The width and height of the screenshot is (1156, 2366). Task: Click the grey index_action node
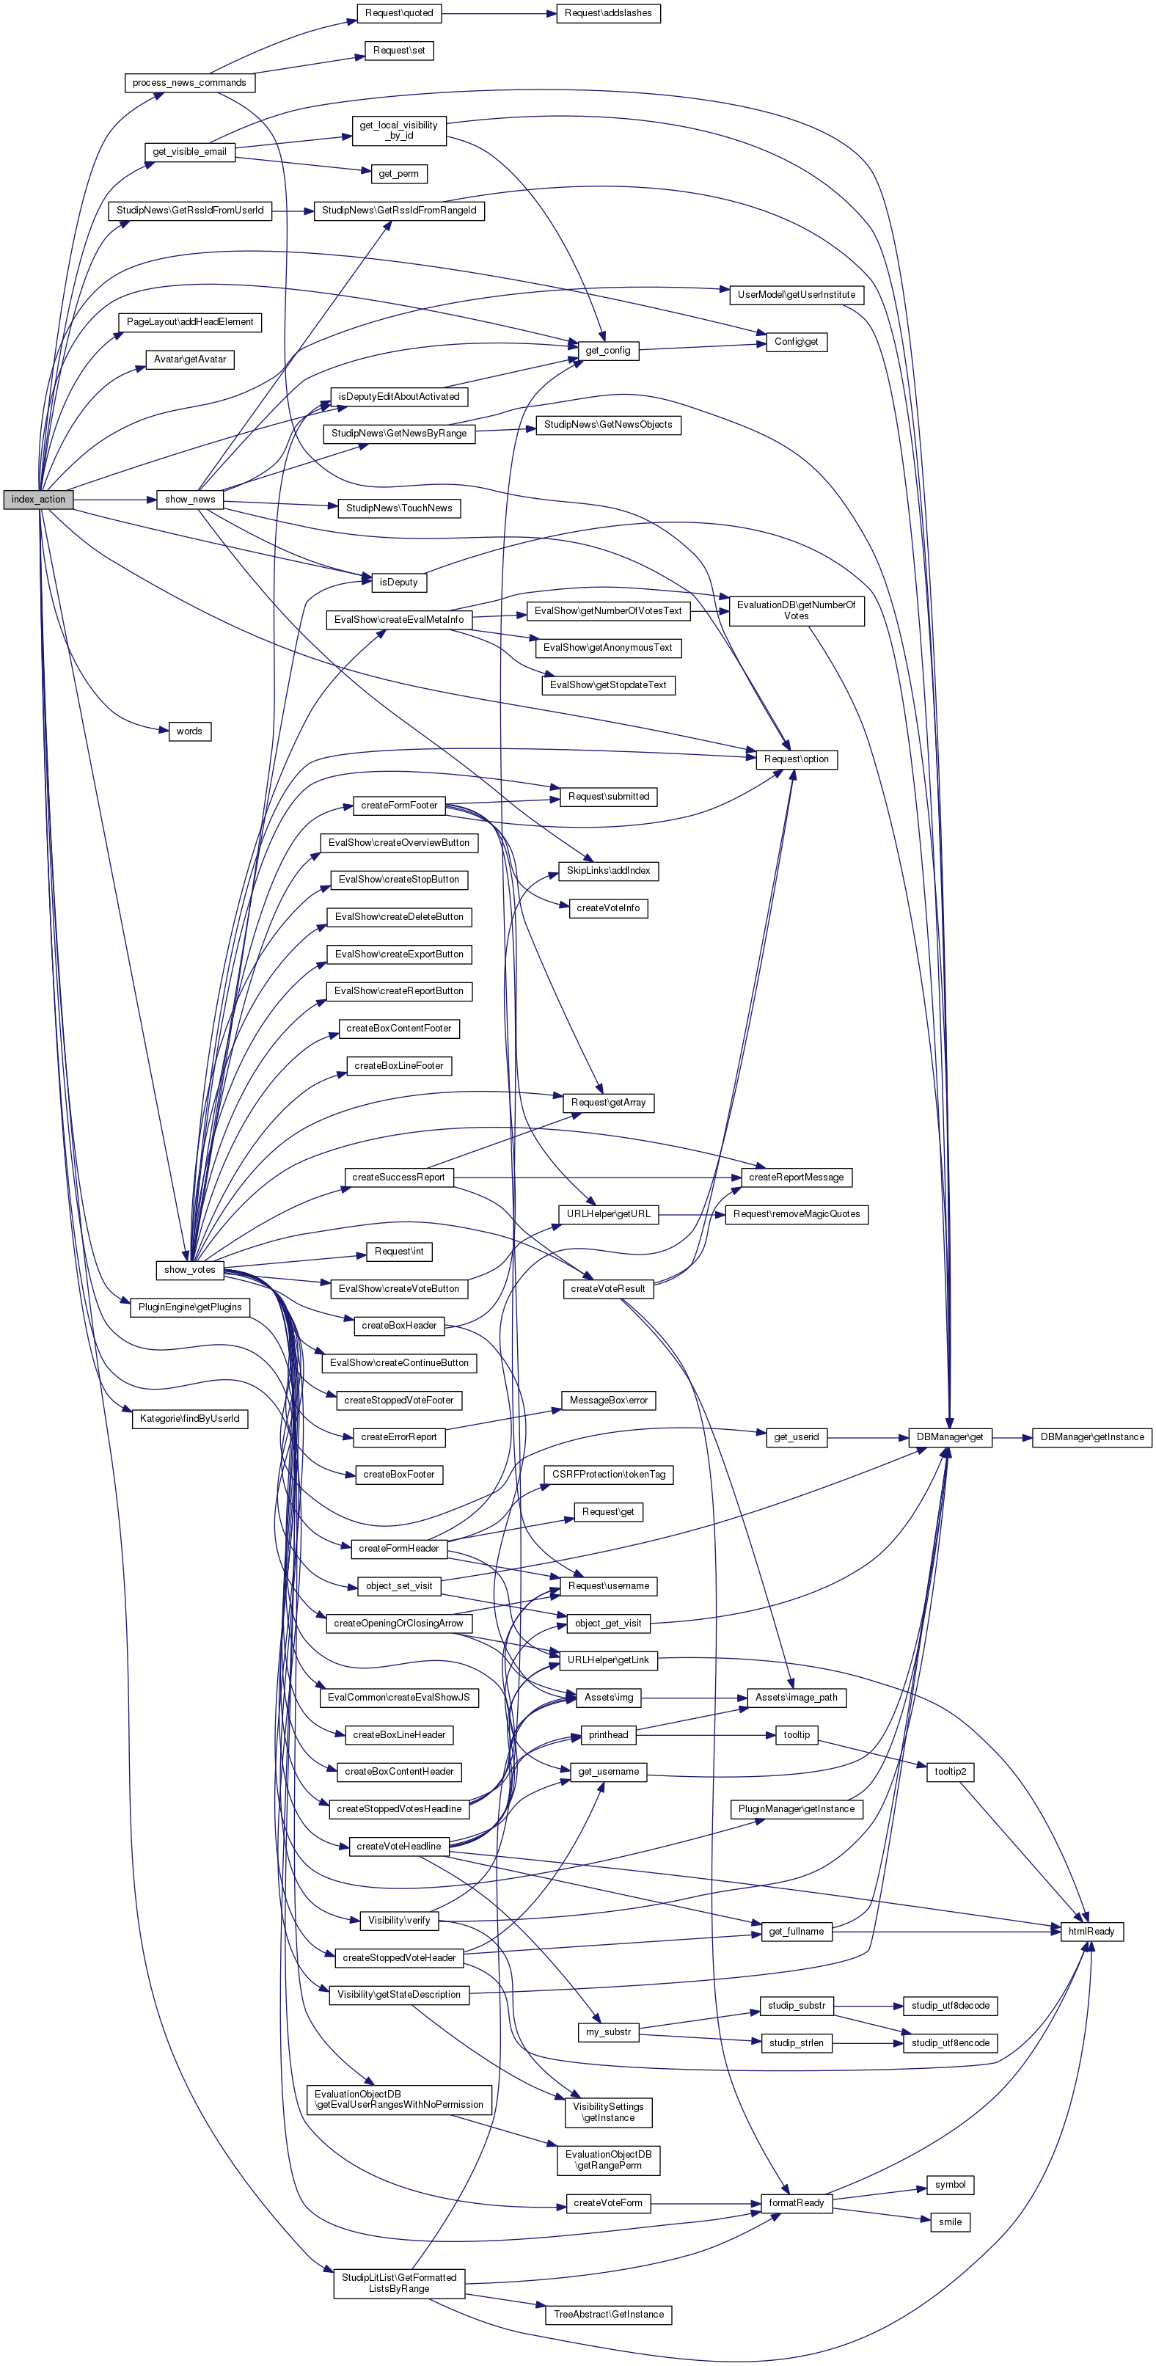[37, 500]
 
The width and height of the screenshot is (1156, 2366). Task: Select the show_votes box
[189, 1269]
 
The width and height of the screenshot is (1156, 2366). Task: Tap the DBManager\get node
[949, 1437]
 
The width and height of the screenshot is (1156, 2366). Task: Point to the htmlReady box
[1091, 1932]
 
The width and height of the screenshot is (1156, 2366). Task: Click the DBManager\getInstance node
[1091, 1437]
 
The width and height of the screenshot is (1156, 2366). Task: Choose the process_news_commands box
[189, 83]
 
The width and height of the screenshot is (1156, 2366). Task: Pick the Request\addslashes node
[608, 13]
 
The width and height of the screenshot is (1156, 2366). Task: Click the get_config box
[608, 350]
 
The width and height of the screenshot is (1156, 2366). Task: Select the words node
[189, 731]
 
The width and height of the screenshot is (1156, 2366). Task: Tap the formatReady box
[796, 2202]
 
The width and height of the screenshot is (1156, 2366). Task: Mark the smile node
[949, 2221]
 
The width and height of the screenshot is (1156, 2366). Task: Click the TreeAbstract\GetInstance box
[608, 2315]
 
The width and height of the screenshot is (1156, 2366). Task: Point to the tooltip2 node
[949, 1772]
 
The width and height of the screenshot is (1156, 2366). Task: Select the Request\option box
[796, 759]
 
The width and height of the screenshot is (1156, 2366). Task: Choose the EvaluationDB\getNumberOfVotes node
[796, 611]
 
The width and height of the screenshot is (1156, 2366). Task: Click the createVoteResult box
[608, 1288]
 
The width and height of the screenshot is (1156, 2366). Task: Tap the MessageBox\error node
[608, 1401]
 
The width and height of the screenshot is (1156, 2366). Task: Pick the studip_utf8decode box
[949, 2006]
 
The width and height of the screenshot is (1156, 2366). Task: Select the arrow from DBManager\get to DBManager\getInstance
[1011, 1437]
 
